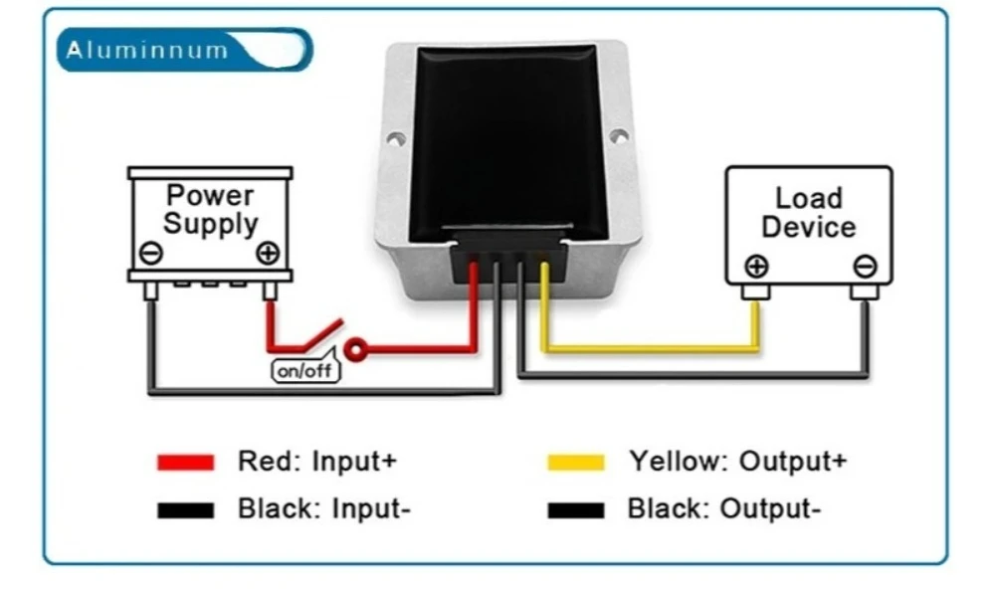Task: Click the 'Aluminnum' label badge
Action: (184, 50)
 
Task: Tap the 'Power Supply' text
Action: (211, 209)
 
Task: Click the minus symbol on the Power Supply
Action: (151, 253)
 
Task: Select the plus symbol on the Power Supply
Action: (268, 253)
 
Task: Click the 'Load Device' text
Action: (808, 213)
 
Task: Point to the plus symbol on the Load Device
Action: (756, 267)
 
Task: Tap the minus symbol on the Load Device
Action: (865, 267)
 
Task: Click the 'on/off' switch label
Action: (305, 370)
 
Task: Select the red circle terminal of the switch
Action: (355, 349)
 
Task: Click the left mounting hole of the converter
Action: (395, 138)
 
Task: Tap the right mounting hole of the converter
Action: (619, 135)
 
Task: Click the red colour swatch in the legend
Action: (185, 462)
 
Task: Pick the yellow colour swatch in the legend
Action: (576, 462)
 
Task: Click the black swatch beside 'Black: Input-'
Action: (185, 510)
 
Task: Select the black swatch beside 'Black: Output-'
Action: (576, 510)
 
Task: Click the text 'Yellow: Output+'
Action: (738, 462)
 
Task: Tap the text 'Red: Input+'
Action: (317, 461)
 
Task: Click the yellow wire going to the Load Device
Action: (651, 348)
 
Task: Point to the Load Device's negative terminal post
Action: (865, 292)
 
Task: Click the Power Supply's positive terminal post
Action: (270, 291)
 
